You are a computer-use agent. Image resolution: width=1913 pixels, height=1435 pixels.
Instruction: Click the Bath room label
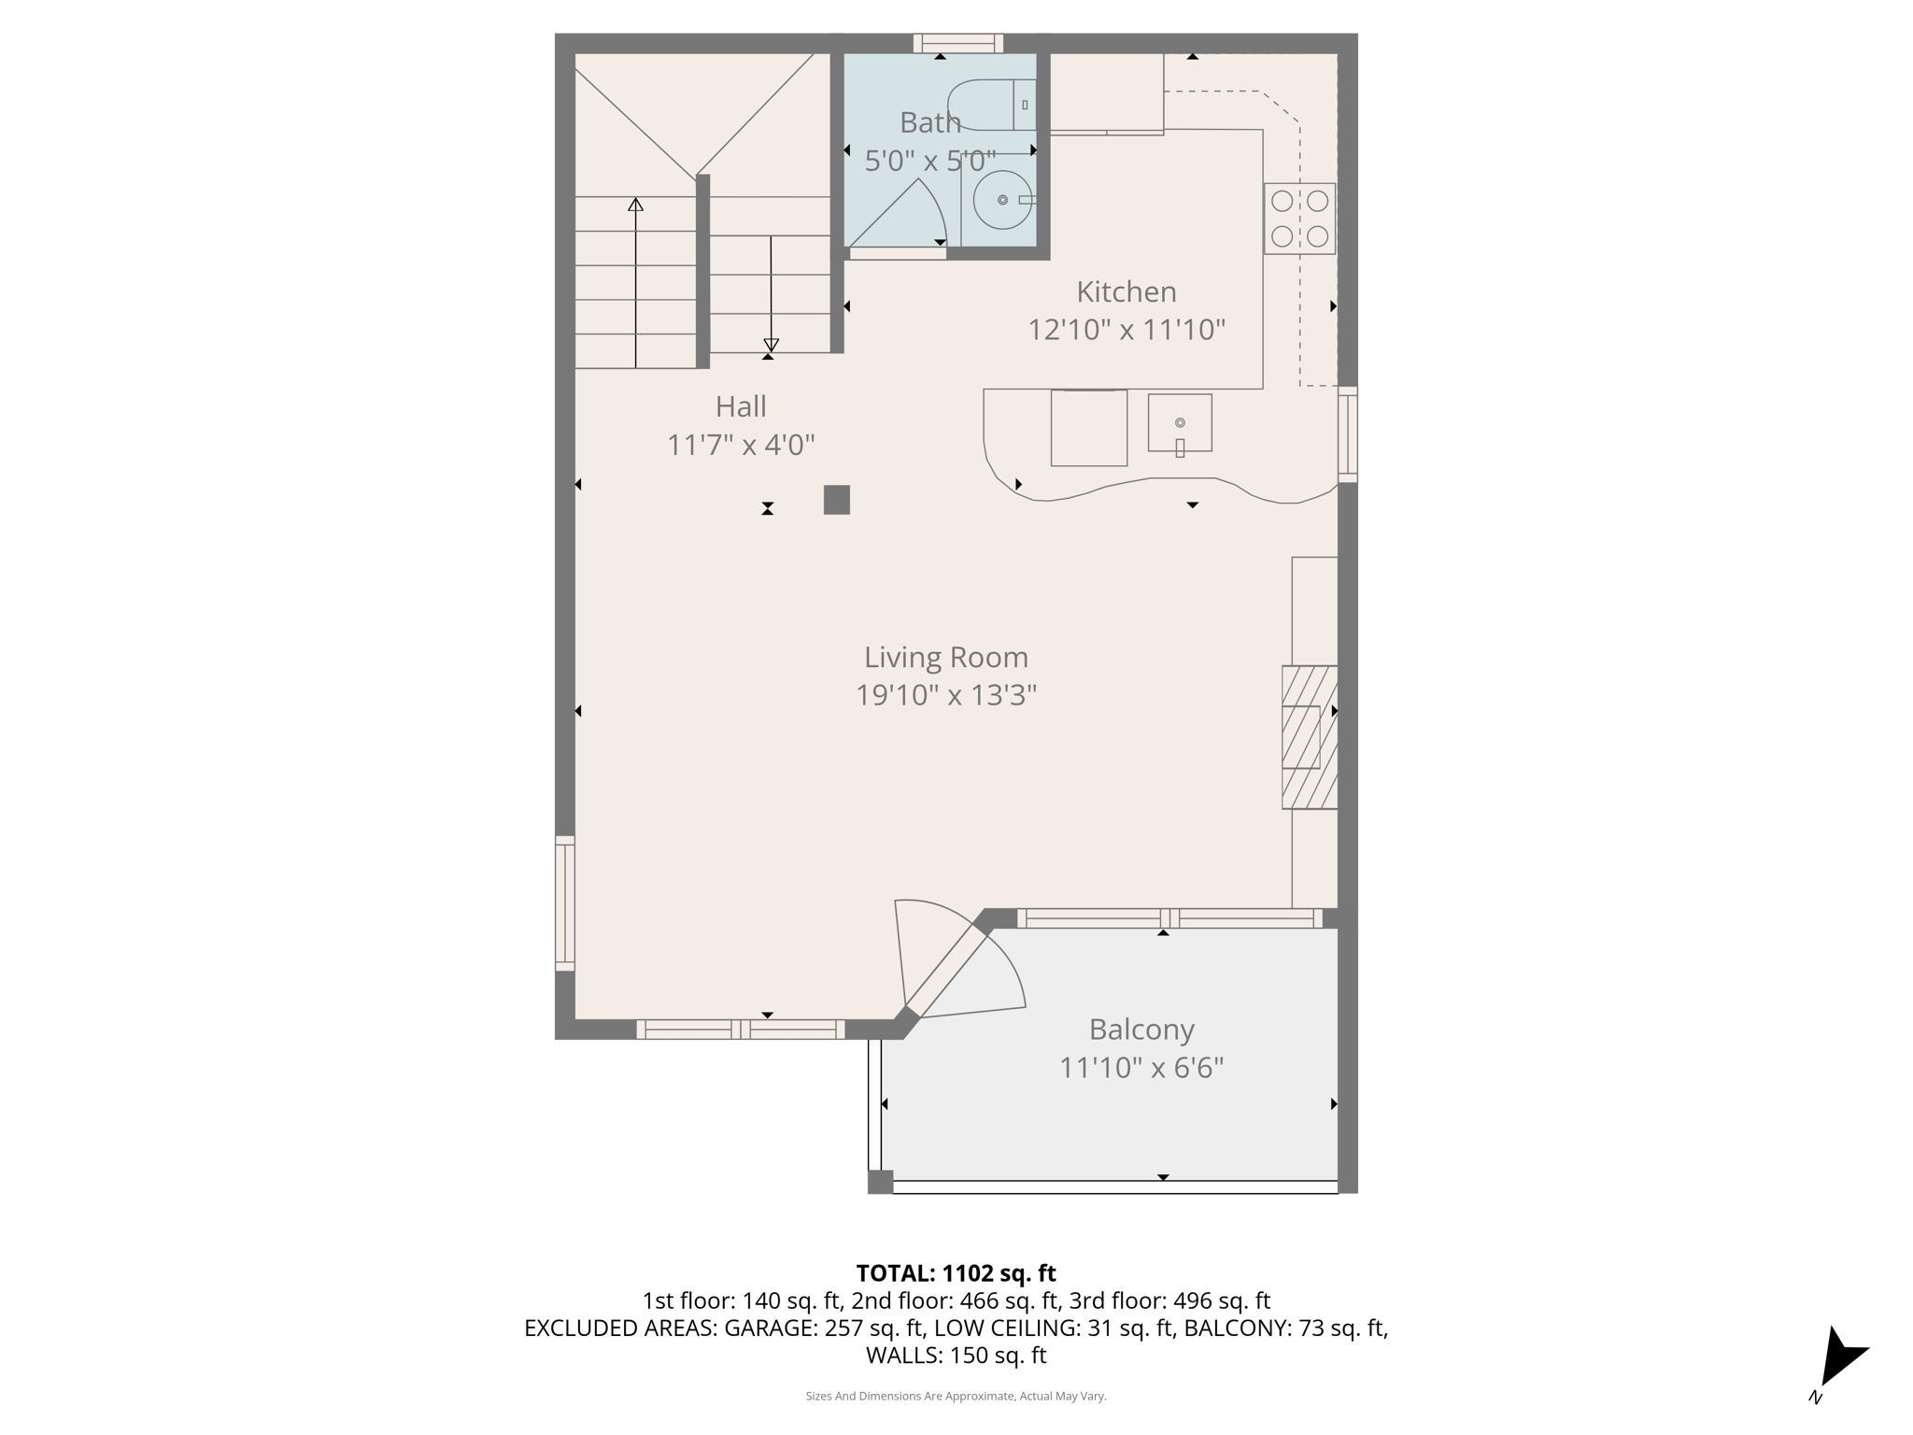(929, 122)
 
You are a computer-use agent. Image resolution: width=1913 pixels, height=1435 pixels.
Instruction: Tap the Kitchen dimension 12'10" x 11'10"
(1127, 330)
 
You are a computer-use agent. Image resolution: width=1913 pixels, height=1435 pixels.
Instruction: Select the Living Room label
(945, 657)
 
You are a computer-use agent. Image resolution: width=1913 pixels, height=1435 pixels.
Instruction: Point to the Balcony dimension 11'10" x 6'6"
(1141, 1068)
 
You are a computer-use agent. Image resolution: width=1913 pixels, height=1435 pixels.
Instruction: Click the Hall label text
(741, 406)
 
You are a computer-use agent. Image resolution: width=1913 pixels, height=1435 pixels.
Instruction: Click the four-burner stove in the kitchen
(1299, 219)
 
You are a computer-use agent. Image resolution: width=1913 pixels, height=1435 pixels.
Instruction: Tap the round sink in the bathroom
(1002, 200)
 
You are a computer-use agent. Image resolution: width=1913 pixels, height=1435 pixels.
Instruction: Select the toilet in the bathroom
(990, 106)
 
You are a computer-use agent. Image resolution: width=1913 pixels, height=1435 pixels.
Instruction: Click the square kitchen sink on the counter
(1180, 423)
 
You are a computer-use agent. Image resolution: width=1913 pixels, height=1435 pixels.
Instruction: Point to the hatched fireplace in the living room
(1309, 737)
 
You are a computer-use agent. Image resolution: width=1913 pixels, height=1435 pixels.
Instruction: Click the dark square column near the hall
(836, 500)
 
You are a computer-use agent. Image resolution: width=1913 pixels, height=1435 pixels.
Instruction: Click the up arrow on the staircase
(635, 205)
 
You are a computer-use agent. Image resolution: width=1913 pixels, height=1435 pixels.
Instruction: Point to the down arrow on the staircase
(771, 344)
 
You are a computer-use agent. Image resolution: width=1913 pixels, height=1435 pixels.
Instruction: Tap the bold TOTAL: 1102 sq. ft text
(956, 1273)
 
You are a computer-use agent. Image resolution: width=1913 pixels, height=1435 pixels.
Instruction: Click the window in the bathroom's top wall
(957, 43)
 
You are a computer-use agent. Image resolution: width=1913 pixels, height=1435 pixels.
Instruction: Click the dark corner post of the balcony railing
(880, 1182)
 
